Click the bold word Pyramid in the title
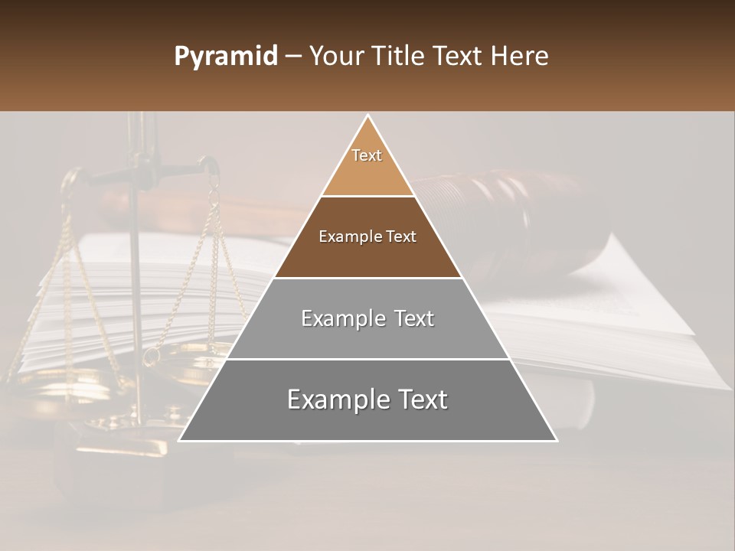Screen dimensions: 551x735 [225, 57]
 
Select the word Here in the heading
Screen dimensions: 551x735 [520, 57]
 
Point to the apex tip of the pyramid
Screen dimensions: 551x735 [368, 116]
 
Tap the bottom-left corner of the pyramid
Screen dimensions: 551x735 [181, 440]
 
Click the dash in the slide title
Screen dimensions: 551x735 [292, 57]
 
